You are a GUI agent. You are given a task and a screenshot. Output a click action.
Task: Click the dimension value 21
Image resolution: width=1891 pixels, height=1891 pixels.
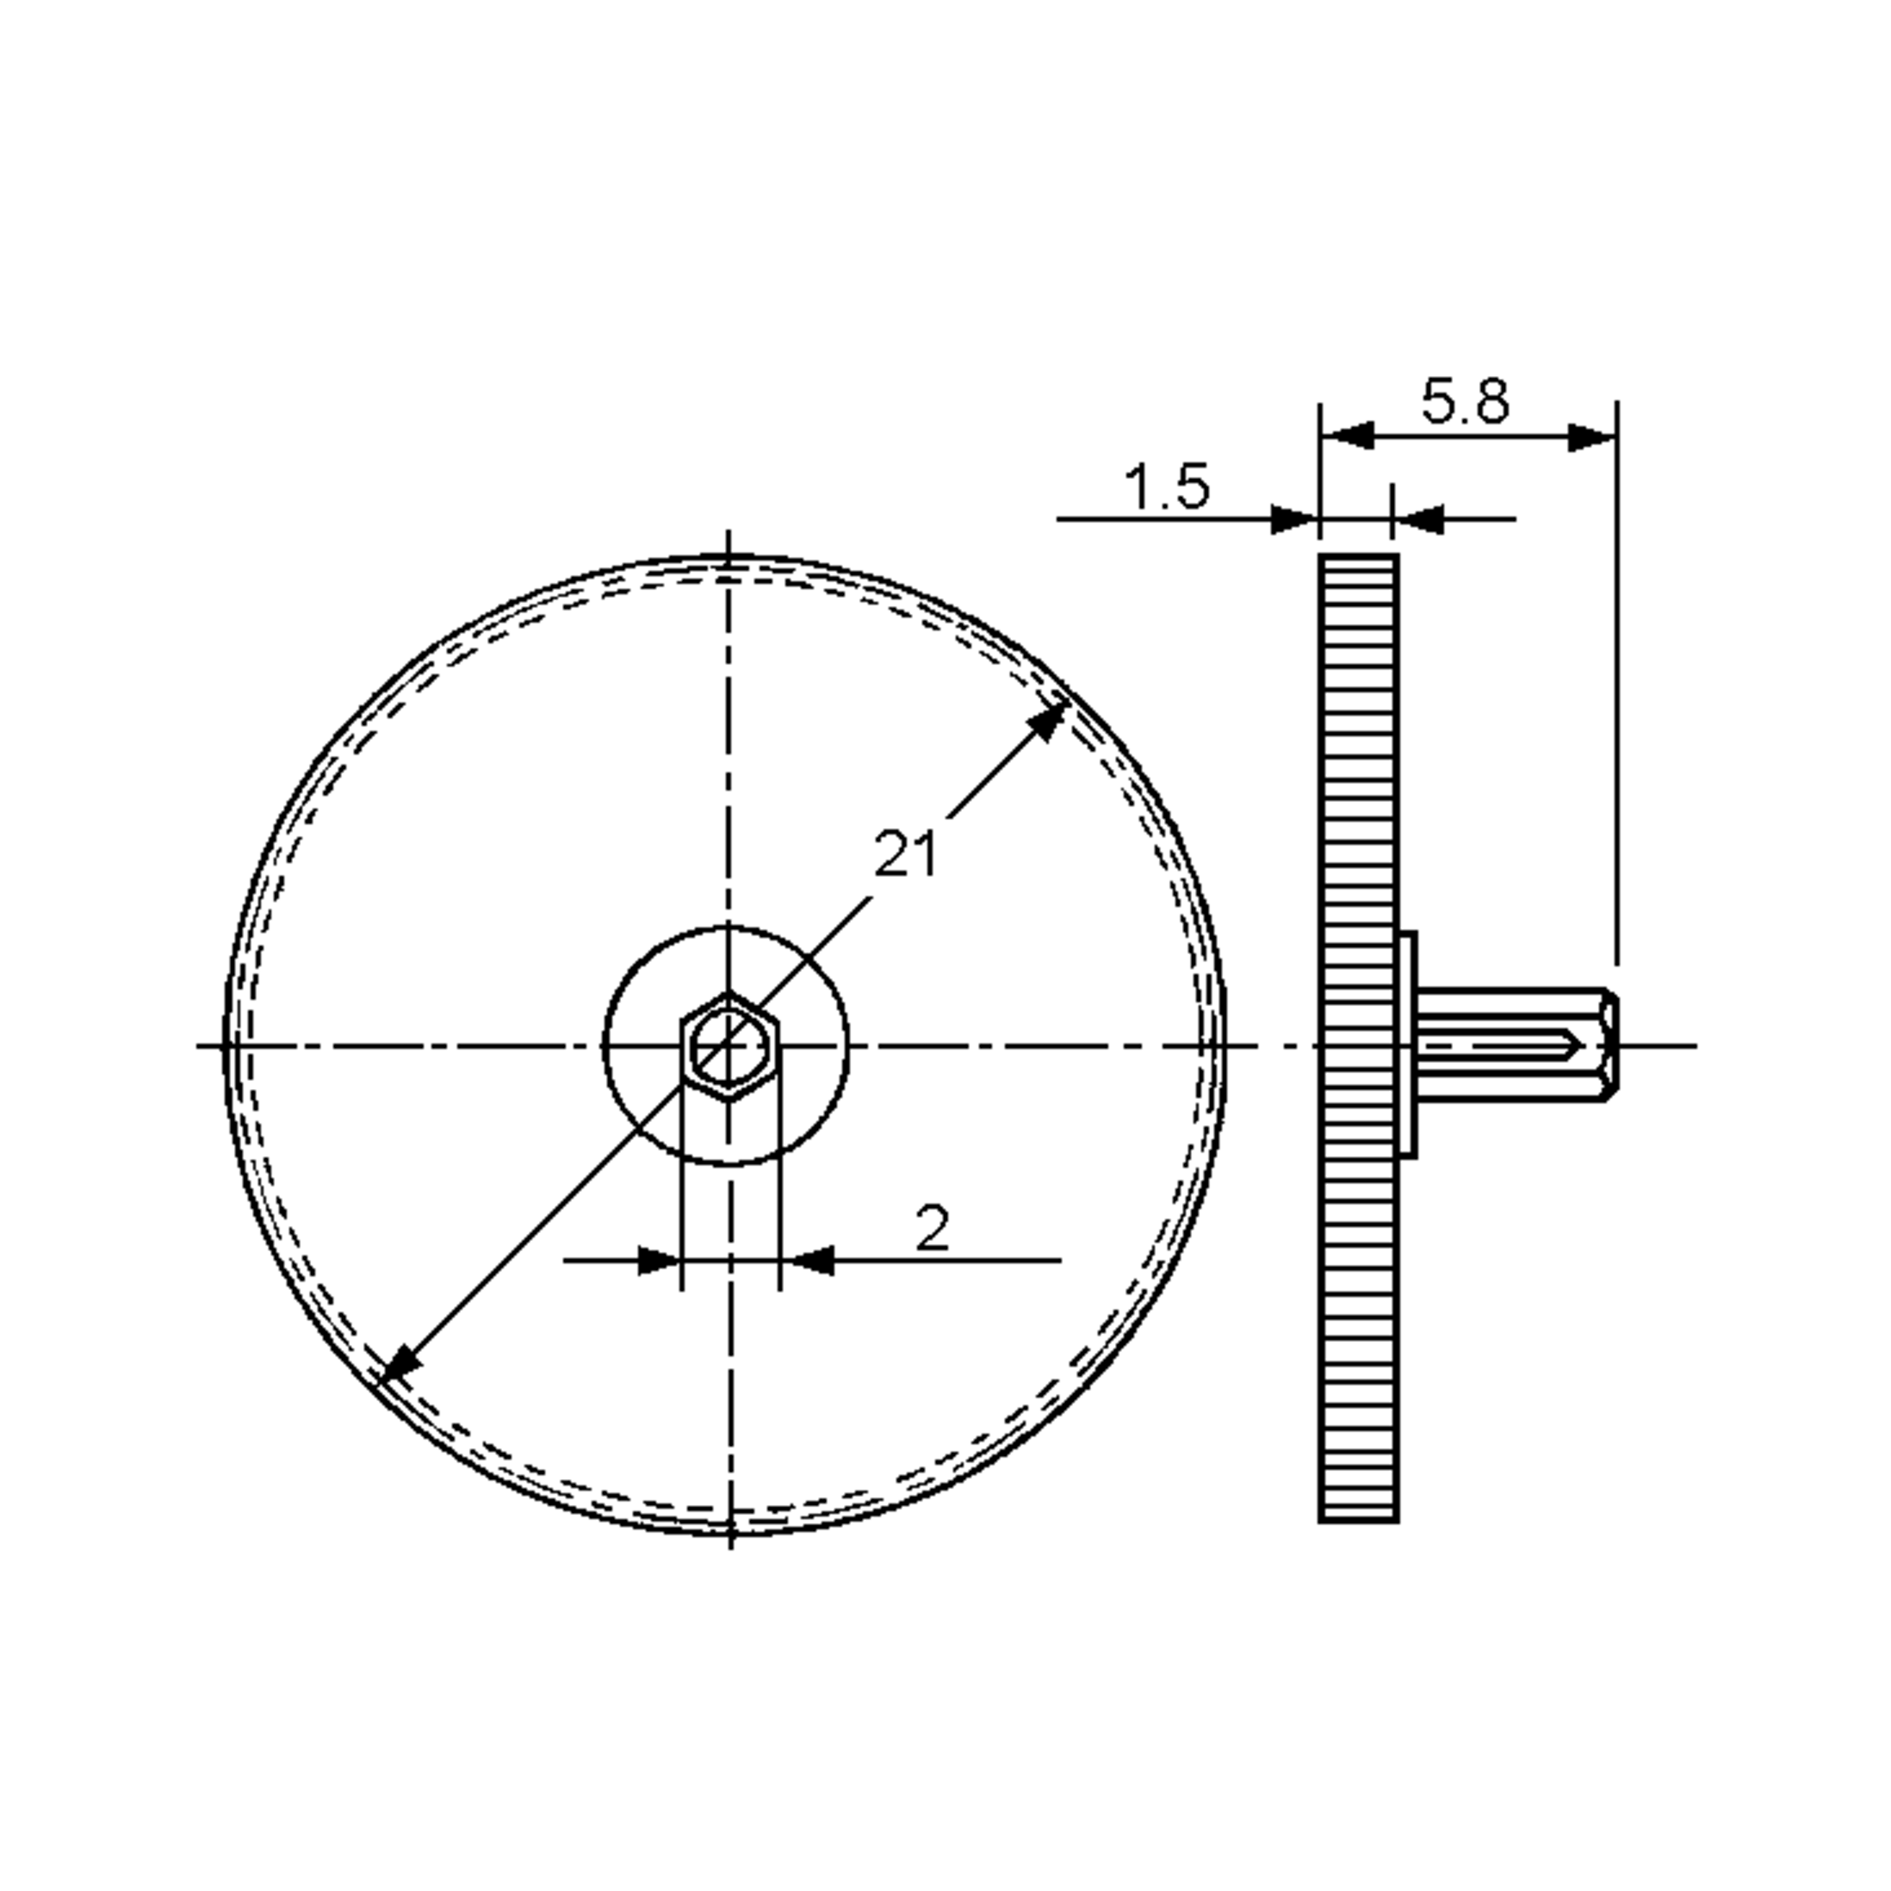pos(905,853)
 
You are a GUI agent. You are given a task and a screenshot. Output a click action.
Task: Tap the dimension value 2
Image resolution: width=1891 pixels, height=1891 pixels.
pos(932,1228)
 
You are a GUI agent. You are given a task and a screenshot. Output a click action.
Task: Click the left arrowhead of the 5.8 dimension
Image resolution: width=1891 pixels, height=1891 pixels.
pos(1349,437)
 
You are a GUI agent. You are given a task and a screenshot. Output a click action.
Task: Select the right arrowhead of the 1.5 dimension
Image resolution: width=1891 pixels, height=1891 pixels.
pos(1418,520)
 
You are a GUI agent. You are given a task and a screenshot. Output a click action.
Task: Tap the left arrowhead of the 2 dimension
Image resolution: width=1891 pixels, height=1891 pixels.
pos(658,1261)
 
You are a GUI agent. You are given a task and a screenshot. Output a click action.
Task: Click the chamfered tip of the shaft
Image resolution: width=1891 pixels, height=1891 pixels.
pos(1607,1046)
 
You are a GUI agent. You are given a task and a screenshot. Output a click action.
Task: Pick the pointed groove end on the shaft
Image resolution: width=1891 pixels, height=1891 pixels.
pos(1573,1046)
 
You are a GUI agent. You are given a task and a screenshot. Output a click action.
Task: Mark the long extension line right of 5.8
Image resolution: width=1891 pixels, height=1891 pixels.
pos(1616,685)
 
